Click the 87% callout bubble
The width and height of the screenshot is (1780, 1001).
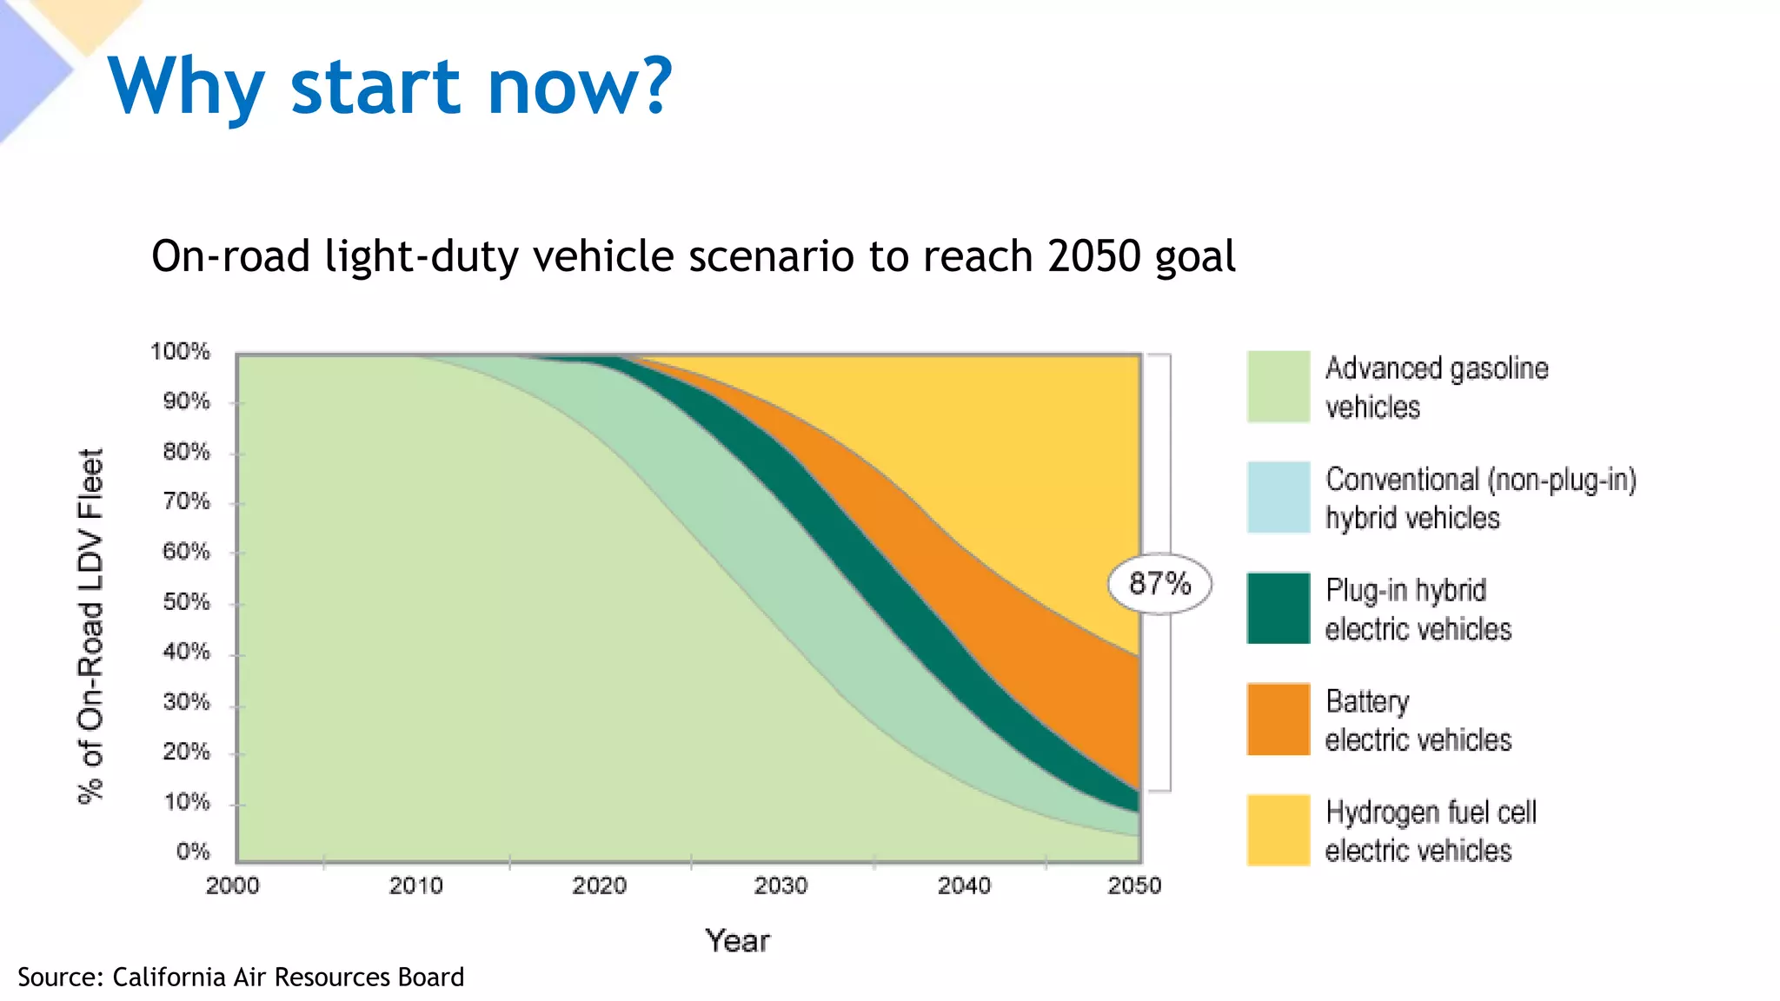point(1159,583)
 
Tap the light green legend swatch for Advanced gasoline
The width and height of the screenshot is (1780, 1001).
point(1278,387)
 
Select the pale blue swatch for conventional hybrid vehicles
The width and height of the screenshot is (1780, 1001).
point(1278,497)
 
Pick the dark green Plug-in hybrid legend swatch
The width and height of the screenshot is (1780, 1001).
point(1278,607)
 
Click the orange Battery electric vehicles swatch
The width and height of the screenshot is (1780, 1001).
point(1278,719)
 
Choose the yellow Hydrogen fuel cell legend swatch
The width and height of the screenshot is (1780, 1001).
point(1278,830)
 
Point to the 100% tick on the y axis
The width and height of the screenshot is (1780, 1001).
point(180,352)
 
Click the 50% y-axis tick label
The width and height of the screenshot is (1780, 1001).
point(186,602)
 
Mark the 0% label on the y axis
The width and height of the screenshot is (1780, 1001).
point(193,852)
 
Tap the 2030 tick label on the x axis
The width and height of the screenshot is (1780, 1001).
point(780,886)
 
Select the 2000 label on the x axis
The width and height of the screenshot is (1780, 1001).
point(232,886)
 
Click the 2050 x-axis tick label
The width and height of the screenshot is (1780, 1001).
point(1134,886)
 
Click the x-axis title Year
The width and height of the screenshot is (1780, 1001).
point(737,941)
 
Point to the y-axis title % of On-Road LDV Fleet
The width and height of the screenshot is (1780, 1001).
point(90,626)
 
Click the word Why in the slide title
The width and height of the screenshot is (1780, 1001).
point(186,87)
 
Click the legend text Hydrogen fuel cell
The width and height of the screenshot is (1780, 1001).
point(1431,812)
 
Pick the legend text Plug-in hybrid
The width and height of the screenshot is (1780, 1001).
point(1405,591)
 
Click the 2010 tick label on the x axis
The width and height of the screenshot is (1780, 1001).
point(415,886)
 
